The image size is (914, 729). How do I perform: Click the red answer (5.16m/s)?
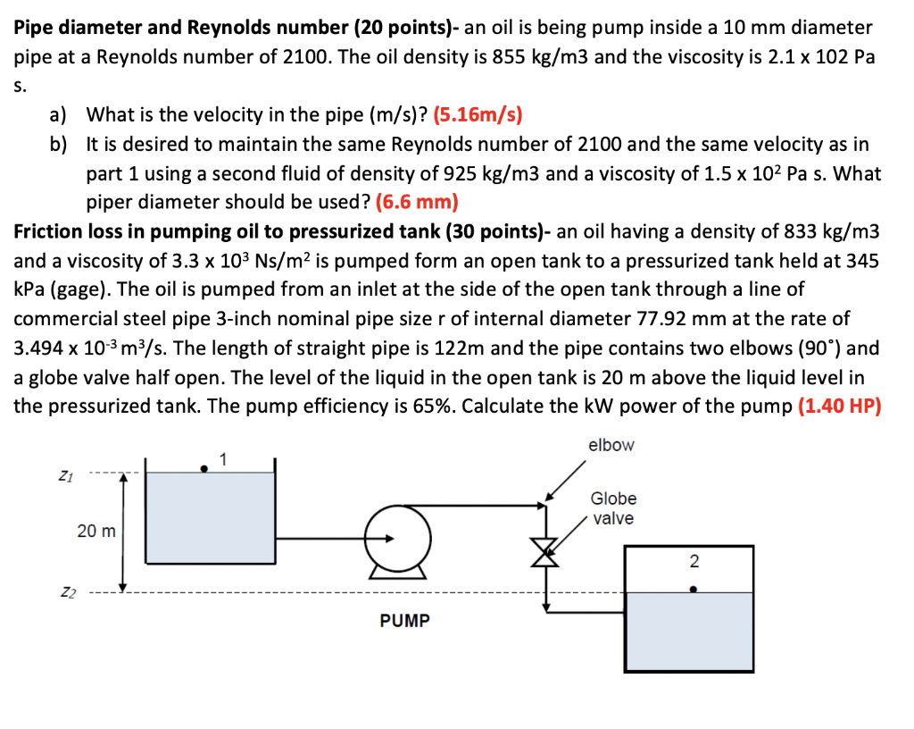pyautogui.click(x=478, y=114)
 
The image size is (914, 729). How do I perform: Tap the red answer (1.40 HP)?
pyautogui.click(x=839, y=406)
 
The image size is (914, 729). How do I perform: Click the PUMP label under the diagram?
pyautogui.click(x=404, y=620)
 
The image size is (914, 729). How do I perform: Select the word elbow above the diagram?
pyautogui.click(x=611, y=445)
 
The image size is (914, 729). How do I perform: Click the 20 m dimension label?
pyautogui.click(x=96, y=532)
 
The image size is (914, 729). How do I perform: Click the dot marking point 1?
pyautogui.click(x=205, y=466)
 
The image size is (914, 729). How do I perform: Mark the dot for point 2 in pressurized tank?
pyautogui.click(x=694, y=589)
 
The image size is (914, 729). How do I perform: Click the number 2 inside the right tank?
pyautogui.click(x=694, y=562)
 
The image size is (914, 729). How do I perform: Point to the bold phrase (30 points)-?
pyautogui.click(x=499, y=230)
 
